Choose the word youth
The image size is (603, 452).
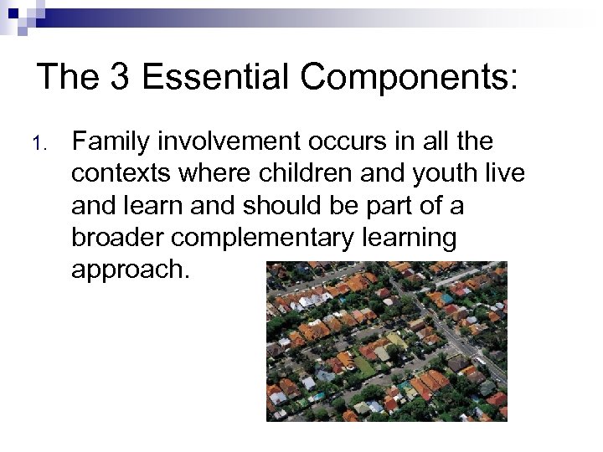coord(451,173)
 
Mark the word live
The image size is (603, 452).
coord(508,173)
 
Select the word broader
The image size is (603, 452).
coord(118,238)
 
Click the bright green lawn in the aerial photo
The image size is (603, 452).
coord(366,365)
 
